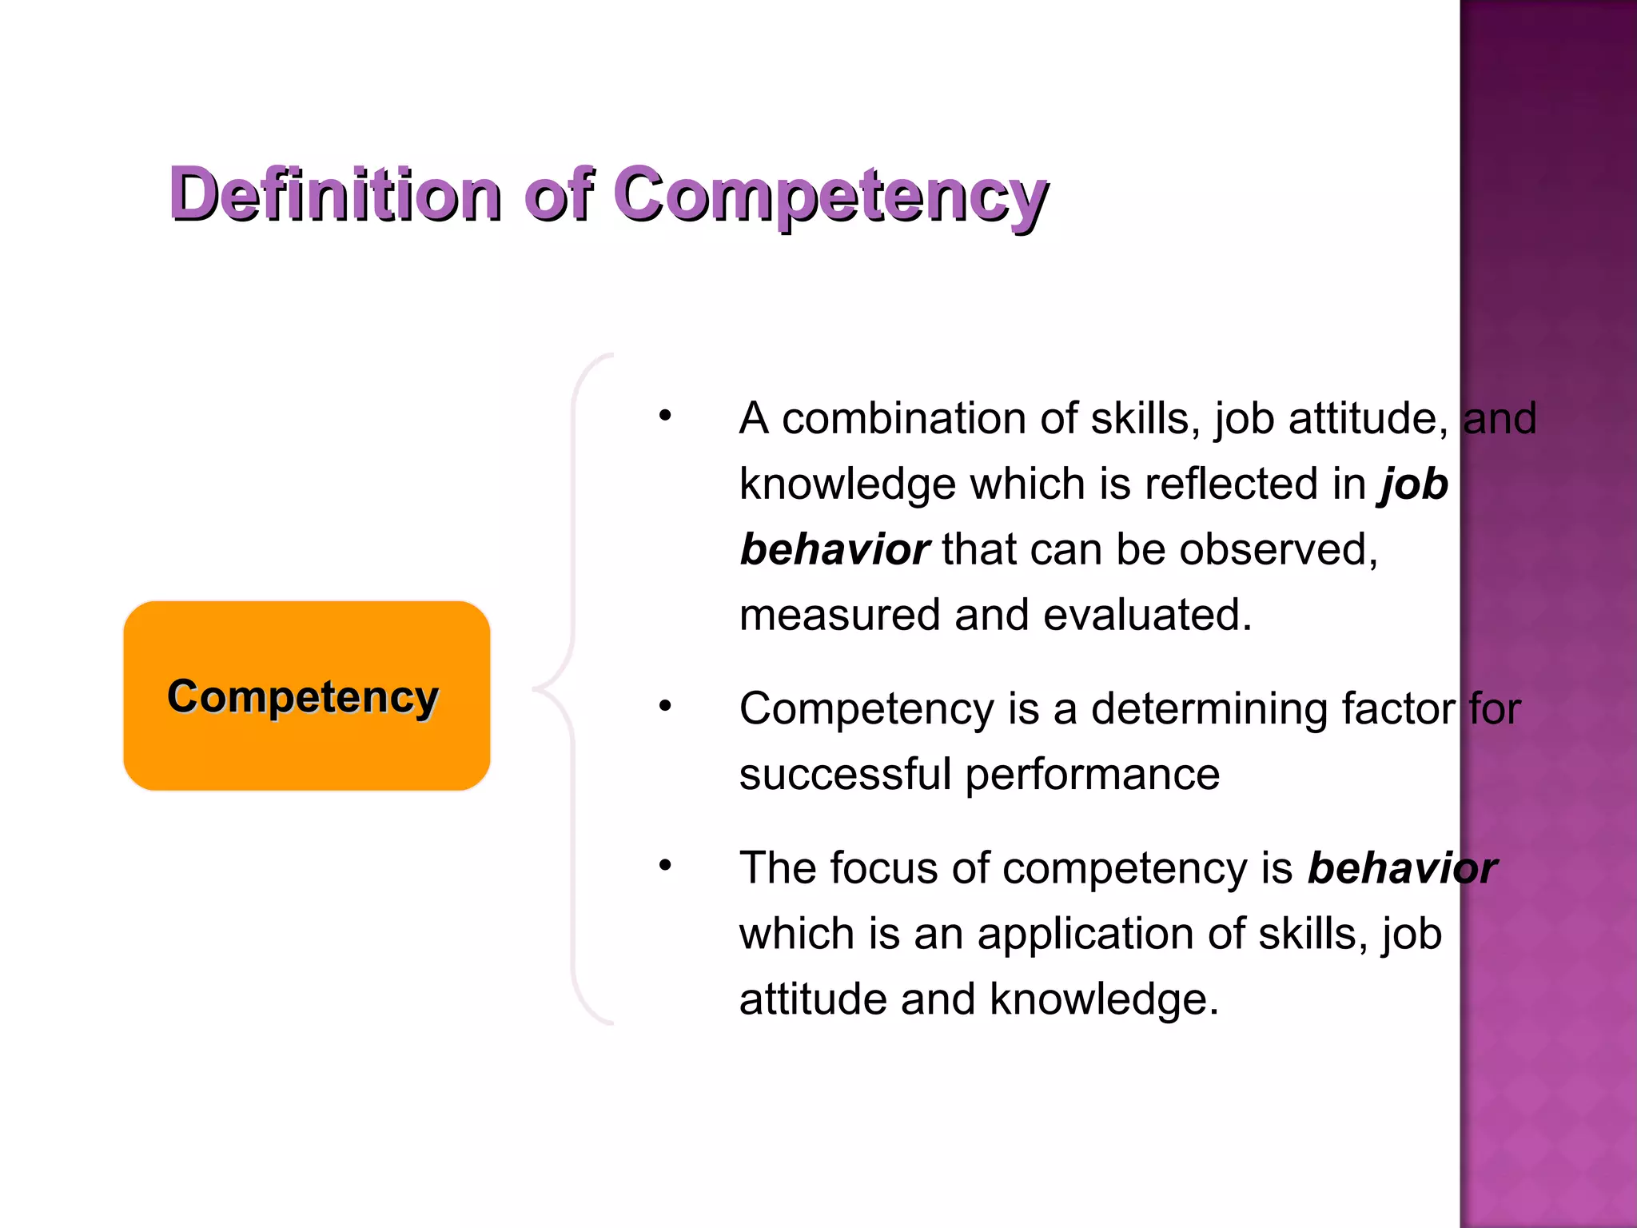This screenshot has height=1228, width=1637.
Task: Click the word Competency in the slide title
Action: [831, 196]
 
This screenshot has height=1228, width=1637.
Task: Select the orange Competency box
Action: [306, 696]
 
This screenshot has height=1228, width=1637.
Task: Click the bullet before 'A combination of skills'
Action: [665, 416]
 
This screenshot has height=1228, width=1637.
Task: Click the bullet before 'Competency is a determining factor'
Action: [665, 706]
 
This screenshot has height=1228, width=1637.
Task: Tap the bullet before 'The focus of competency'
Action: [665, 865]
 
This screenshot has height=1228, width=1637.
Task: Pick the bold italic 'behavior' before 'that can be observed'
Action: [834, 550]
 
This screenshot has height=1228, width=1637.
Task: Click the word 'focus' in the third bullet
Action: [884, 868]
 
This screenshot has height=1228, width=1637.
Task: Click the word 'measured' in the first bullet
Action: [839, 616]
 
